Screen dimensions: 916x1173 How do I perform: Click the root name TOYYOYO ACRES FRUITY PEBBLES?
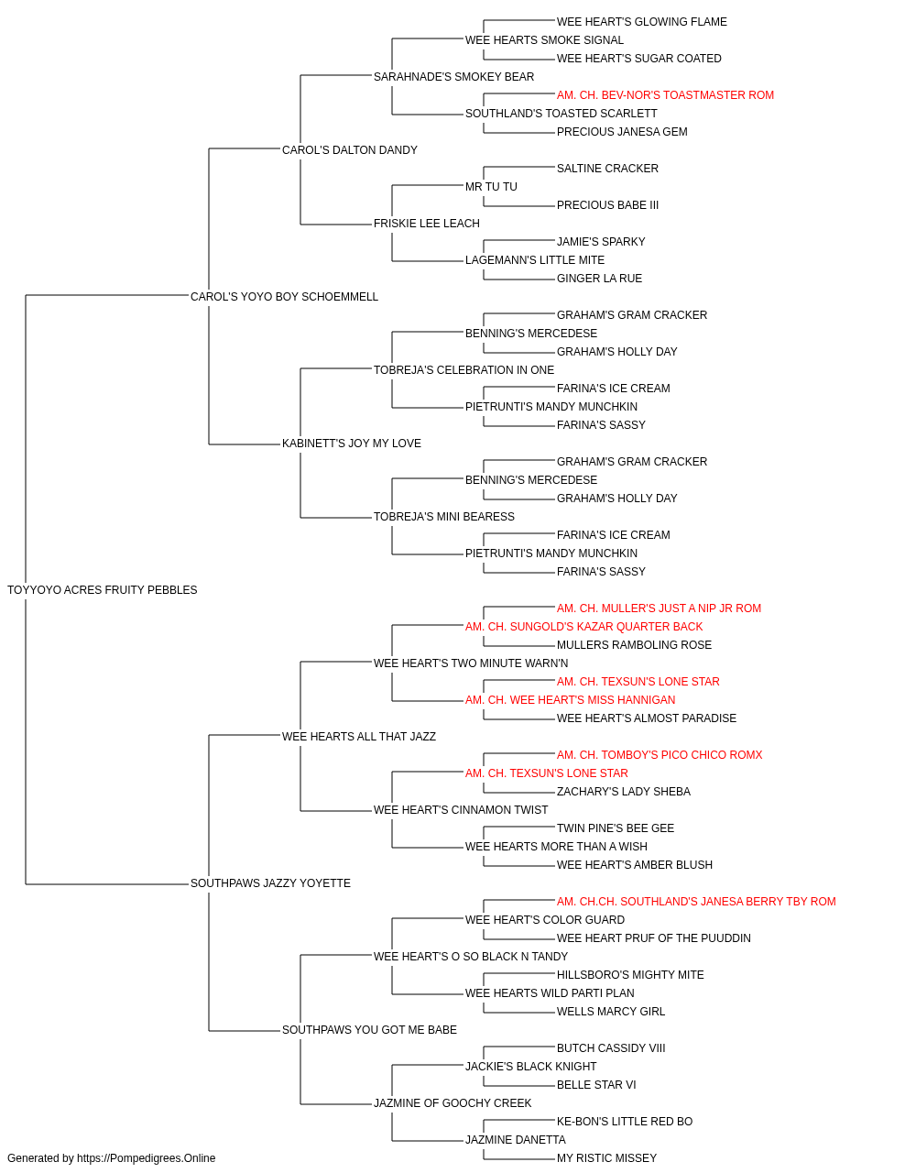click(x=102, y=589)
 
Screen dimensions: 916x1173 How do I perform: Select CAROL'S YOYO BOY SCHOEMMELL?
click(x=284, y=296)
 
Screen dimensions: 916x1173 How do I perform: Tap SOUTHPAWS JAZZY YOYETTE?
click(x=270, y=883)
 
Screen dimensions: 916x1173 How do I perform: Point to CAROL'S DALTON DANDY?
click(x=350, y=149)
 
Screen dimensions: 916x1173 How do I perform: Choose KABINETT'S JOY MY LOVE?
click(x=351, y=444)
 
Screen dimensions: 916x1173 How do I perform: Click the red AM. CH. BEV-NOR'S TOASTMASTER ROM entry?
click(x=665, y=95)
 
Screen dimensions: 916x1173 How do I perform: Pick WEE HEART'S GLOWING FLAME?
click(x=641, y=22)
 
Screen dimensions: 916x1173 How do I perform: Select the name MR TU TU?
click(x=491, y=186)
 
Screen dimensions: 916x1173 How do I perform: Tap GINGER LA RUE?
click(x=599, y=278)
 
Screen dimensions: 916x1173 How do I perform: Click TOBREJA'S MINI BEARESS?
click(x=444, y=517)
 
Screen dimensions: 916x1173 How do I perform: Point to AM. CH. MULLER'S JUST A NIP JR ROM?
click(x=659, y=608)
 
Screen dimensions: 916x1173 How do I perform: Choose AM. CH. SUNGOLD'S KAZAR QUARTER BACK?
click(x=583, y=626)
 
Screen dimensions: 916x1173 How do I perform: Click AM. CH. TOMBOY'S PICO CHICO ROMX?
click(x=660, y=754)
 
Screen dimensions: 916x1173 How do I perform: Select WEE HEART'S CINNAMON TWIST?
click(x=461, y=810)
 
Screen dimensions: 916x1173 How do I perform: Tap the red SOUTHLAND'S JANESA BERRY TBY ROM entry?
click(x=696, y=902)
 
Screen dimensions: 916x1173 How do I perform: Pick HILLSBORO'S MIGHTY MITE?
click(x=630, y=975)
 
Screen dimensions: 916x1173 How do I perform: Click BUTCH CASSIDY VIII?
click(x=611, y=1047)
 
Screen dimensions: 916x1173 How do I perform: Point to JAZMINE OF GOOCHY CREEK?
click(x=453, y=1102)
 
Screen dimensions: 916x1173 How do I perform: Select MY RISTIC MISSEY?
click(x=606, y=1158)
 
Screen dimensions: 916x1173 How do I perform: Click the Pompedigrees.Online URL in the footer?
click(x=147, y=1158)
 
